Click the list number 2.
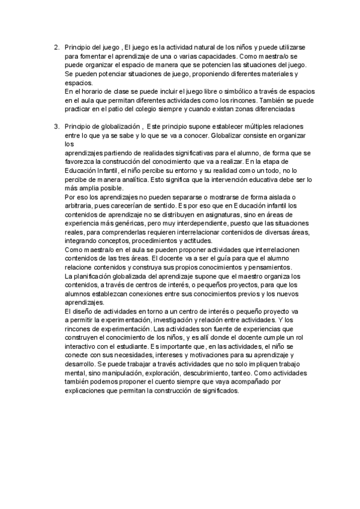click(x=55, y=46)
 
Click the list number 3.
click(x=55, y=127)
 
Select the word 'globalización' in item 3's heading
click(x=121, y=127)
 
